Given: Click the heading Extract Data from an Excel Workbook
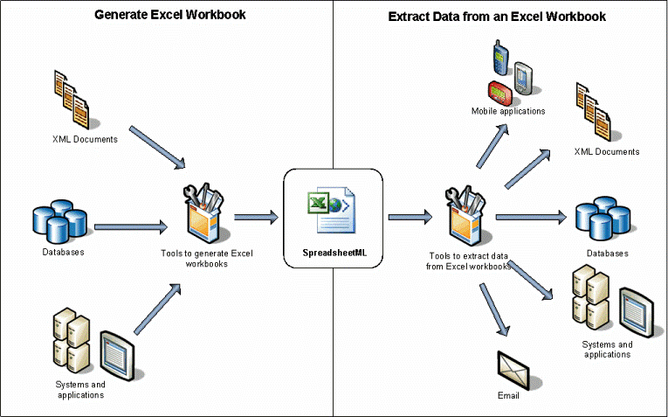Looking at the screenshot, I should tap(498, 17).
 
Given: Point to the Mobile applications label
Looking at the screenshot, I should tap(507, 111).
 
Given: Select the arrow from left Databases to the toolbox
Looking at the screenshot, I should tap(131, 226).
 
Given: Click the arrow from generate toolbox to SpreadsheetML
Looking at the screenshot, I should tap(255, 216).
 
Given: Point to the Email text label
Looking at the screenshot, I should tap(508, 395).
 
